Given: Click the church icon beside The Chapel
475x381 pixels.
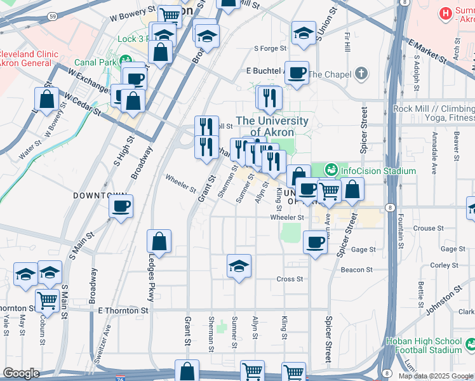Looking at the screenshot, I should pos(361,74).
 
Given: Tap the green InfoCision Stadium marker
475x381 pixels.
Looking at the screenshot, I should pos(330,170).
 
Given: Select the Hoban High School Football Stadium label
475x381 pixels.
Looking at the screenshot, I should pos(424,345).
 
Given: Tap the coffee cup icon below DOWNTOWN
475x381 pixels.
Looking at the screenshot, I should pos(121,206).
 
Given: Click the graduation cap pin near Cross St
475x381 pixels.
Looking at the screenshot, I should pos(239,265).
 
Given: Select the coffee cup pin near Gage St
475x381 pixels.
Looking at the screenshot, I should pos(315,241).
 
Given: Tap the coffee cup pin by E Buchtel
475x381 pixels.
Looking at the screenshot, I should pos(297,72).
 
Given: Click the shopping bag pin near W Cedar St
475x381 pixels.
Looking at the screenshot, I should pos(46,98).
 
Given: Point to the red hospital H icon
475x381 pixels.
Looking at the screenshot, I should pos(445,12).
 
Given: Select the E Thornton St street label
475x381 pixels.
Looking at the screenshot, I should pos(123,311).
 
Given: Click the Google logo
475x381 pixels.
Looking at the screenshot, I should pos(21,373).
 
